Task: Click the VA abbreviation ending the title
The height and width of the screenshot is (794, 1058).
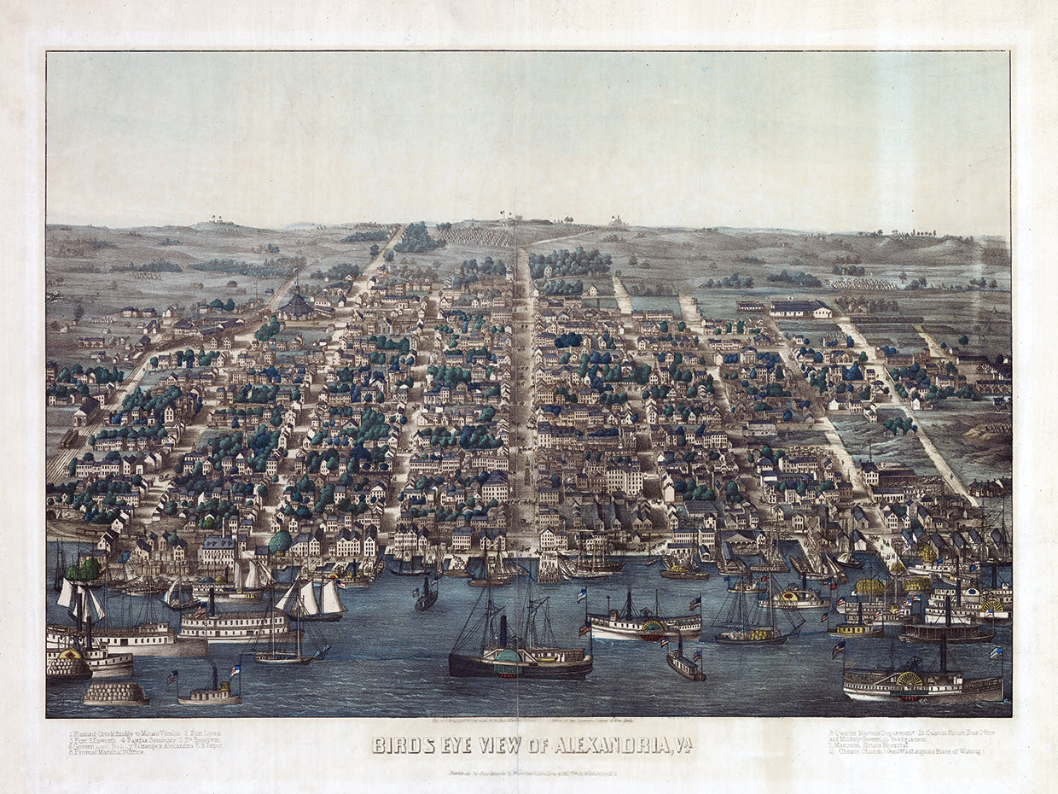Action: [682, 745]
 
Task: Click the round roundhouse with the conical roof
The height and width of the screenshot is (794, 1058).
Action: [296, 305]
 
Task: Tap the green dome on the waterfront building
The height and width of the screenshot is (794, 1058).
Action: [279, 542]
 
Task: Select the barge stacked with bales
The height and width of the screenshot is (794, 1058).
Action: [116, 692]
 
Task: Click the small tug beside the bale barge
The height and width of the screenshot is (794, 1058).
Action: [210, 695]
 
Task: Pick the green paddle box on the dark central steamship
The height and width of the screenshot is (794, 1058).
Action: [503, 656]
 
